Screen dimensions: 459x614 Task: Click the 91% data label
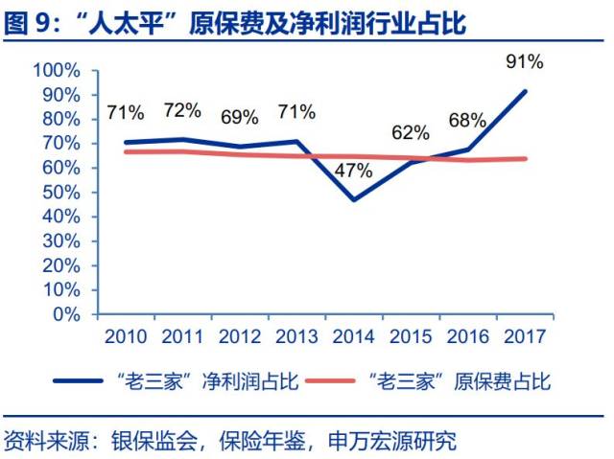(524, 63)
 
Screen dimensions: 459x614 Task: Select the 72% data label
(182, 110)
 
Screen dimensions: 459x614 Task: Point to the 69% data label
(239, 118)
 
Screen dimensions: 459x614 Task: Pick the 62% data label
(411, 132)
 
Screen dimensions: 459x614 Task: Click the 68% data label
(467, 121)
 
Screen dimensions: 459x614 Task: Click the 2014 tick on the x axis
(355, 336)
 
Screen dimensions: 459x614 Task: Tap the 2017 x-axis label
(526, 336)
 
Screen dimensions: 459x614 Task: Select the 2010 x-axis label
(126, 336)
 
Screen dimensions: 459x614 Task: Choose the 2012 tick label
(240, 336)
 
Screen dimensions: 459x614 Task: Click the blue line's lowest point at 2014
(355, 199)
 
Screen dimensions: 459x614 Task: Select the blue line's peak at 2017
(526, 91)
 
